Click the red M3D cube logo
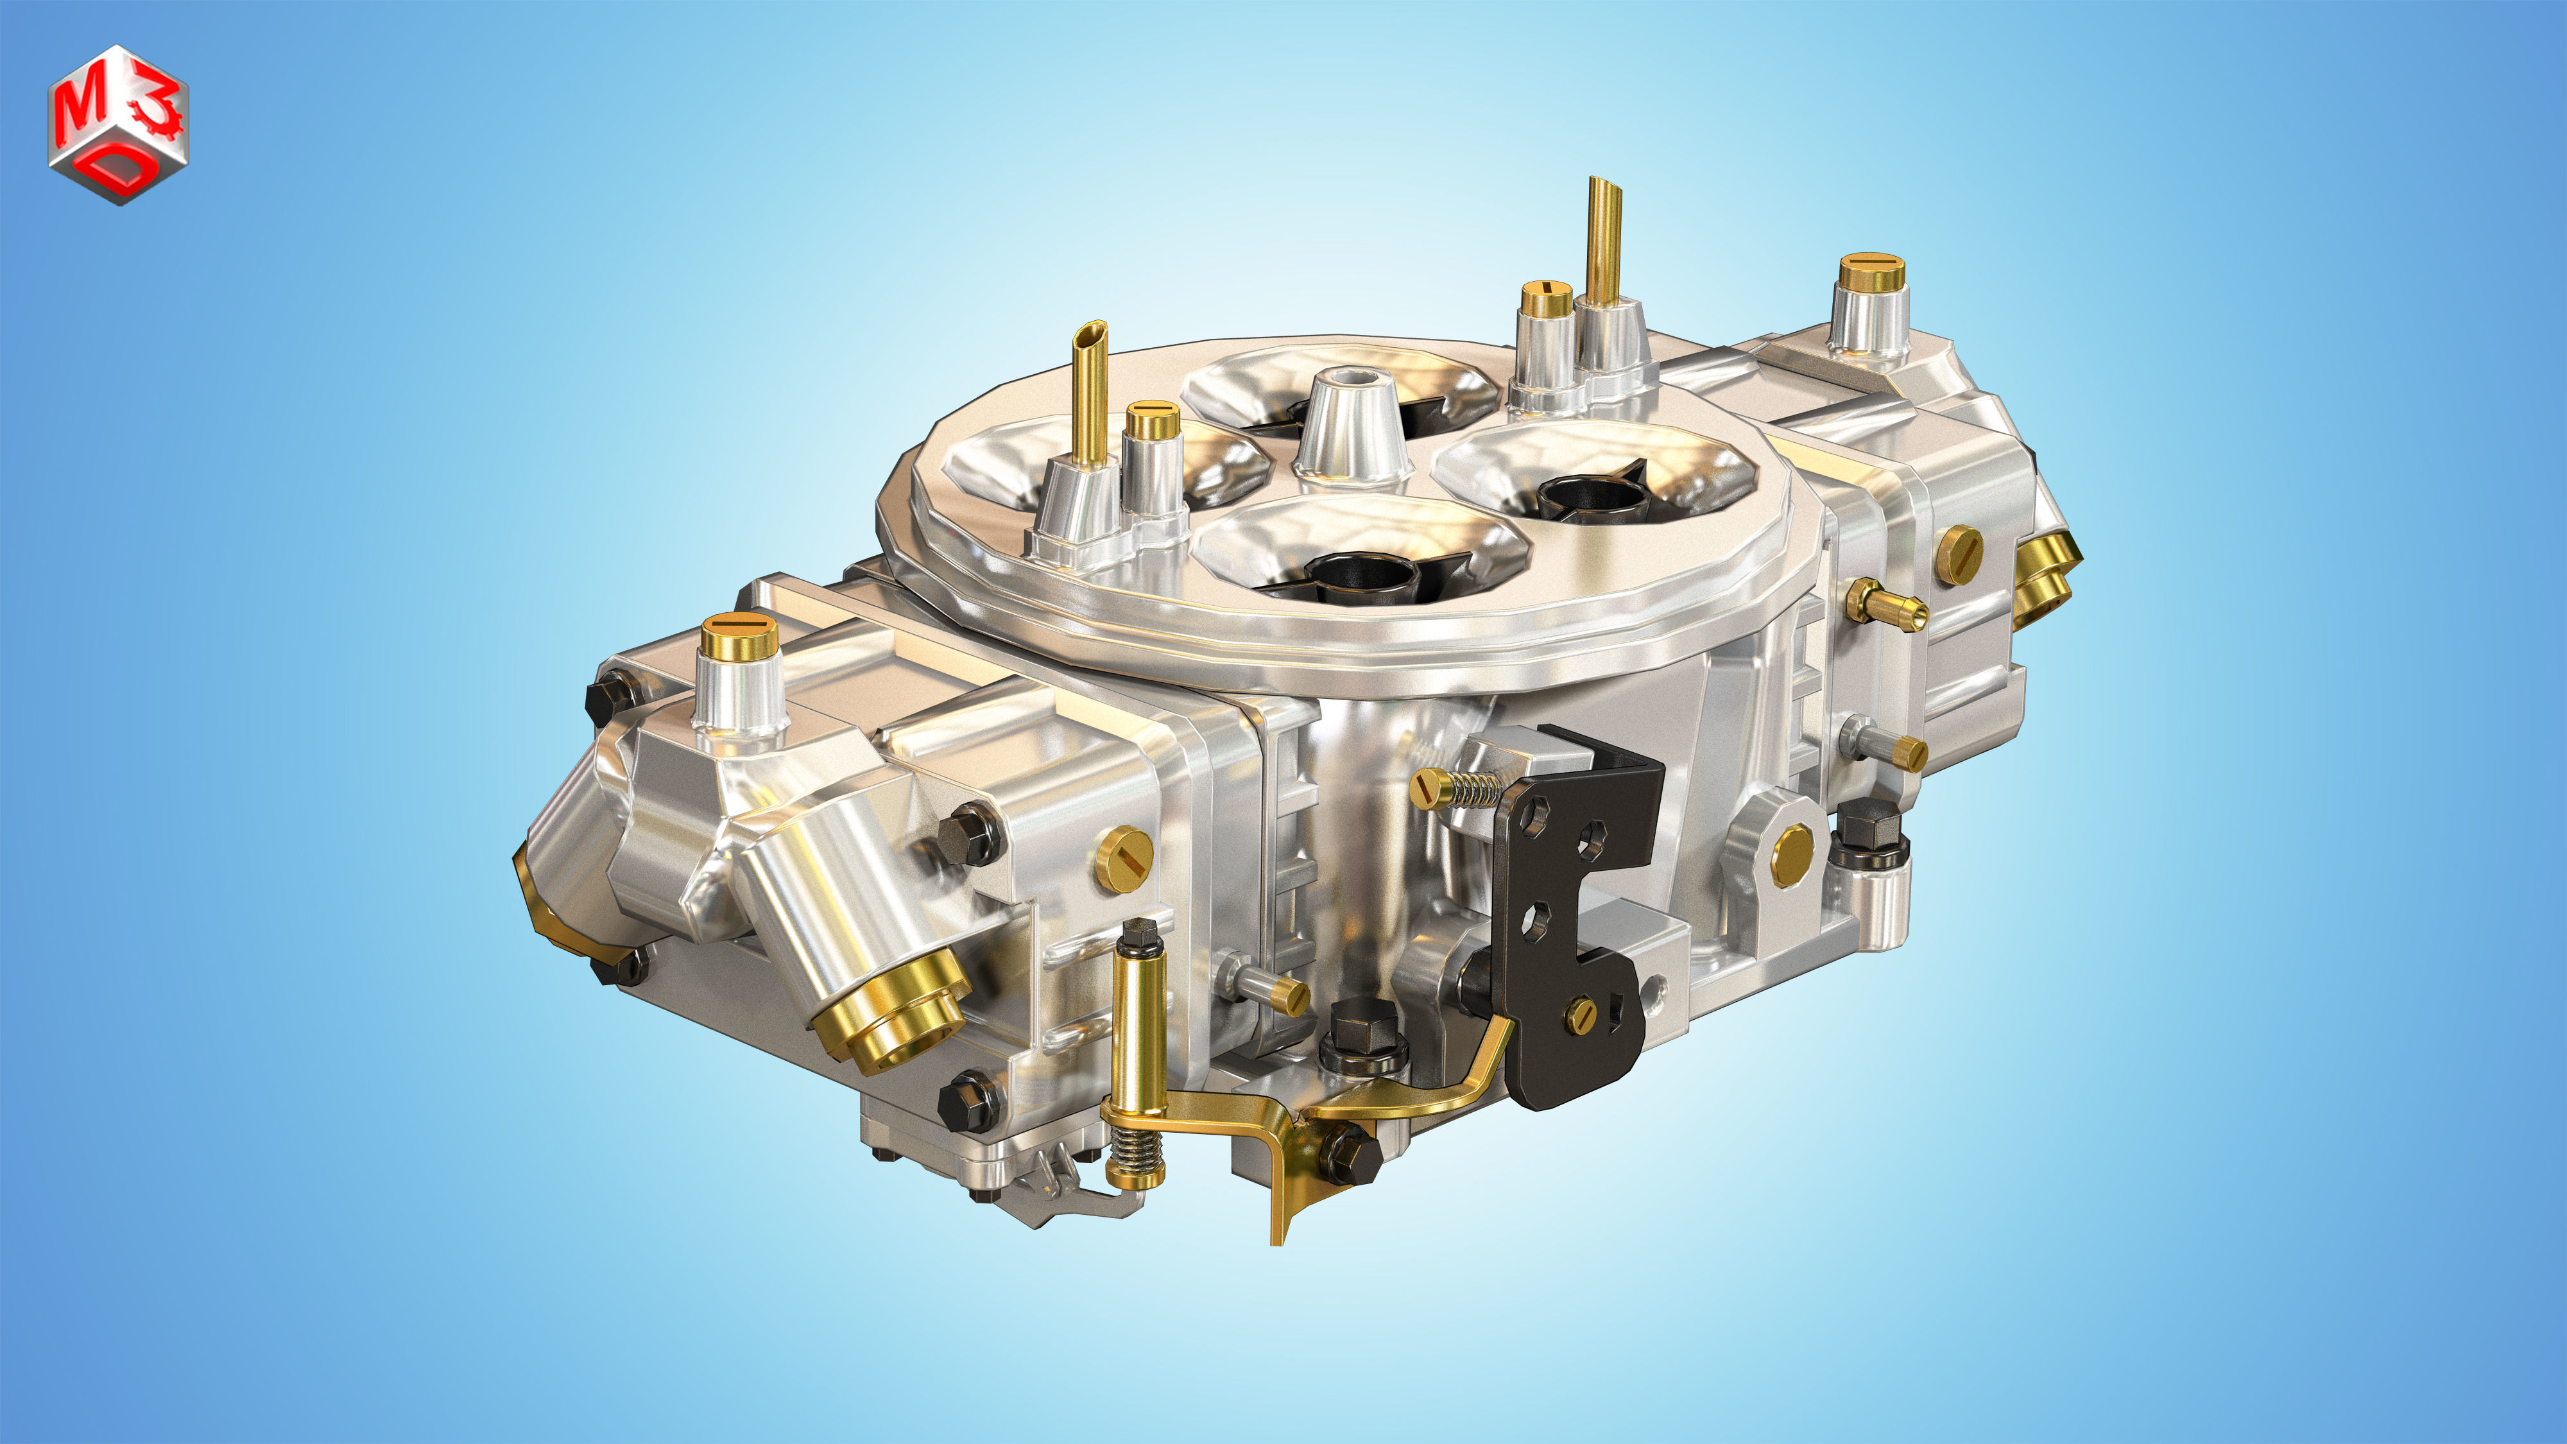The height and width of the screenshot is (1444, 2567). click(x=117, y=125)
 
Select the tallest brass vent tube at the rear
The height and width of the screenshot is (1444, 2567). click(x=1603, y=239)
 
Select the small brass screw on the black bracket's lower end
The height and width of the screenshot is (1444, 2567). click(x=1581, y=1015)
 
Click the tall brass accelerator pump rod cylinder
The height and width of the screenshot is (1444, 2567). click(x=1138, y=1026)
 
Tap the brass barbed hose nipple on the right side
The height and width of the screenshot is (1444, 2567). click(x=1885, y=605)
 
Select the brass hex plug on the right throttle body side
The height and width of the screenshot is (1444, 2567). click(x=1792, y=855)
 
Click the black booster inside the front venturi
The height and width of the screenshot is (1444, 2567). click(x=1365, y=576)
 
